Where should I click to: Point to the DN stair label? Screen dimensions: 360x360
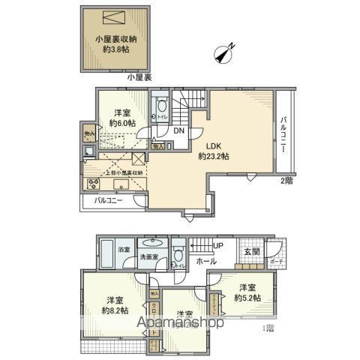pyautogui.click(x=179, y=132)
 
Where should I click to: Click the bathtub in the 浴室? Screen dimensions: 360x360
pyautogui.click(x=107, y=258)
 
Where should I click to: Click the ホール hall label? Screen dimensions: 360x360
pyautogui.click(x=207, y=261)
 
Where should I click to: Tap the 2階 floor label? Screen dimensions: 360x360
pyautogui.click(x=286, y=181)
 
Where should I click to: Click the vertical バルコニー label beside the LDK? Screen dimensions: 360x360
pyautogui.click(x=284, y=135)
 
